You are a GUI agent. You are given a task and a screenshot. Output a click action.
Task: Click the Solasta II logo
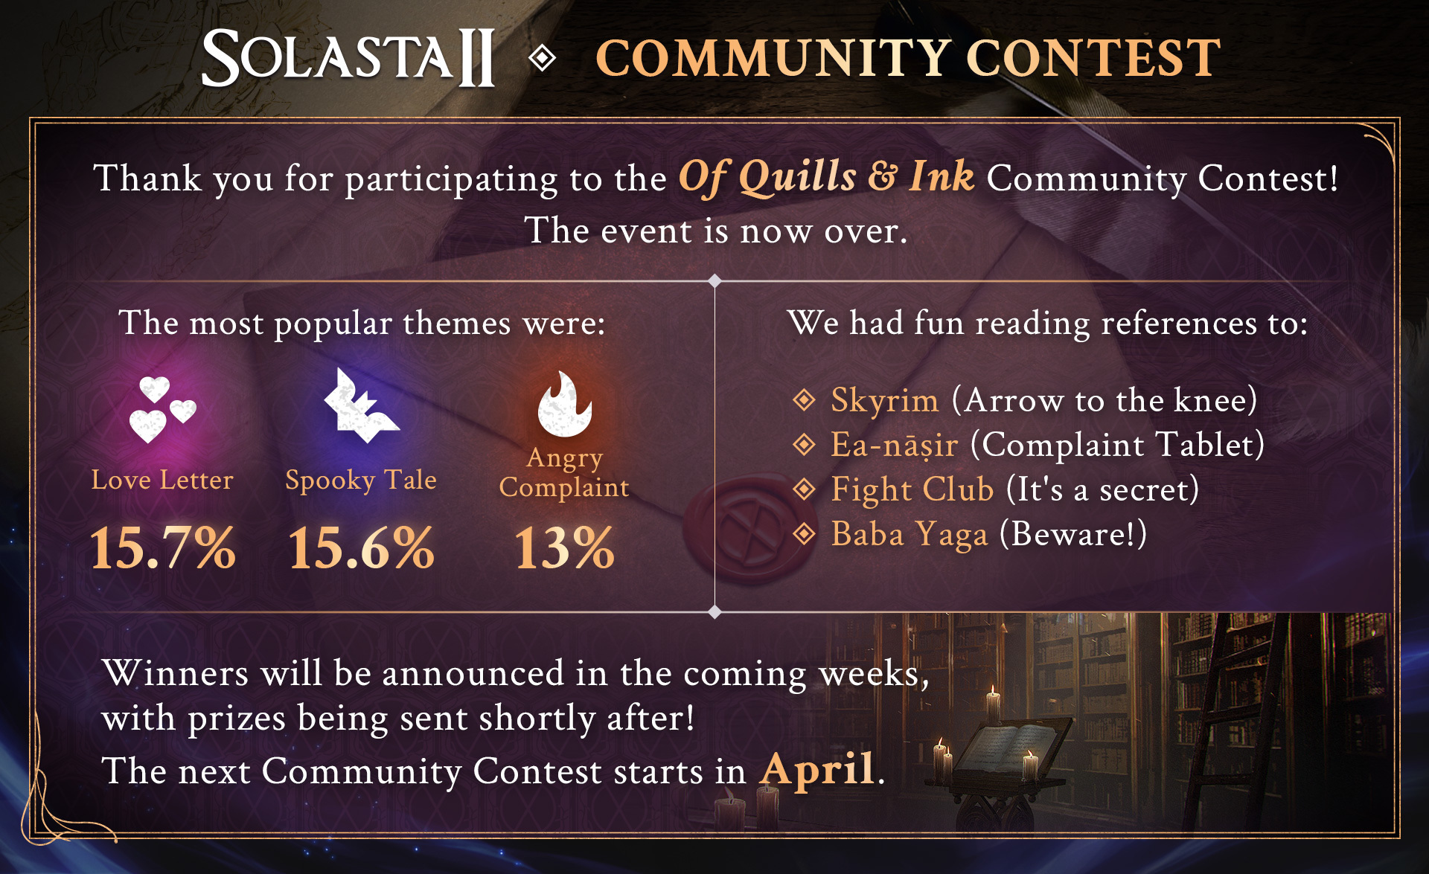coord(348,57)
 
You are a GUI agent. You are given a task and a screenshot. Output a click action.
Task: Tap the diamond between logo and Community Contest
coord(543,58)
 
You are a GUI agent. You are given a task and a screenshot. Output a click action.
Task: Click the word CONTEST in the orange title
coord(1093,58)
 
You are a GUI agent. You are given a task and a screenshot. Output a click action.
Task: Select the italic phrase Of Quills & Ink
coord(826,177)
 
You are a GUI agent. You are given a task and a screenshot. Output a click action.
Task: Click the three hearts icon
coord(162,409)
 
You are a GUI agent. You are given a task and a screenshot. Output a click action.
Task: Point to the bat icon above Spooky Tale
coord(362,405)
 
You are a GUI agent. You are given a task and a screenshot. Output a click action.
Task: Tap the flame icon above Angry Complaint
coord(564,403)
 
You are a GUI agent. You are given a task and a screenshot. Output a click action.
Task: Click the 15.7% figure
coord(162,548)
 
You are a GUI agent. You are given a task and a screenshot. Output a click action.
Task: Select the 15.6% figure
coord(361,548)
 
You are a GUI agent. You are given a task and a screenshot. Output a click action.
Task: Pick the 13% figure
coord(564,548)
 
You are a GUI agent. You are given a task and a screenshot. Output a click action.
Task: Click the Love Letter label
coord(162,480)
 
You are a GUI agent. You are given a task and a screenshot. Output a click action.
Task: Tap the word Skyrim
coord(885,401)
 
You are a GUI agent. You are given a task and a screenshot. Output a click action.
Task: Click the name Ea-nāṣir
coord(895,445)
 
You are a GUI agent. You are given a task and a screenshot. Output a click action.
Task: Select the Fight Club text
coord(912,489)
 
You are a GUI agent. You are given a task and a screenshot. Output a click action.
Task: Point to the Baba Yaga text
coord(909,534)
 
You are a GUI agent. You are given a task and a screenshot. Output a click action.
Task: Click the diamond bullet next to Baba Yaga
coord(804,533)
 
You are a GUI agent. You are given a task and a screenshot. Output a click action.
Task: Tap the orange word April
coord(817,769)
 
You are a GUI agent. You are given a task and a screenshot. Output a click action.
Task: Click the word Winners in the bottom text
coord(176,673)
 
